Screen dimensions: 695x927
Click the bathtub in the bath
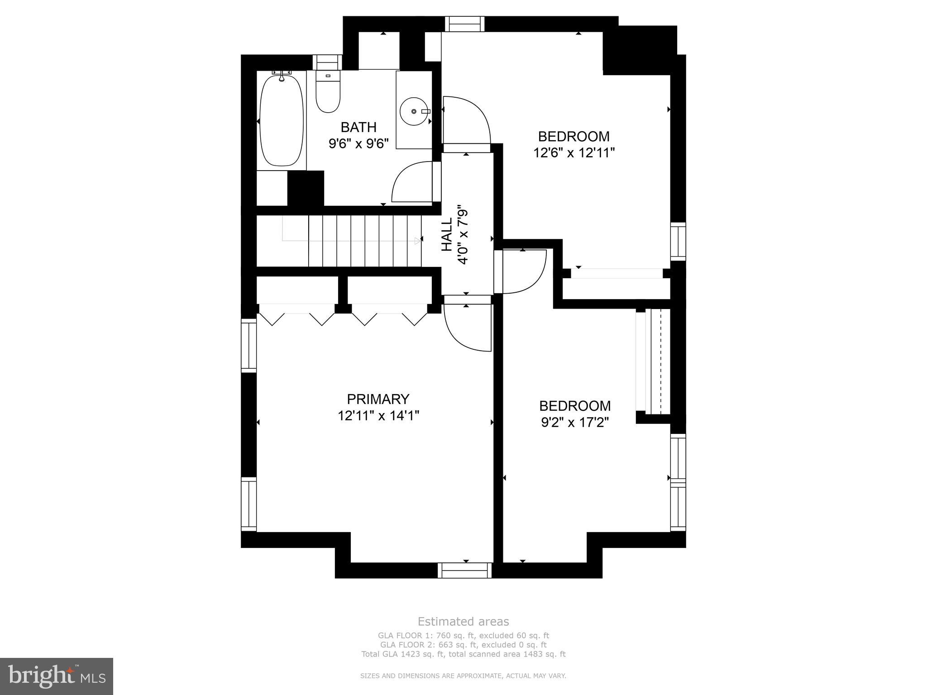pyautogui.click(x=281, y=120)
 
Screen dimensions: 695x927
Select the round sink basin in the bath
pyautogui.click(x=414, y=111)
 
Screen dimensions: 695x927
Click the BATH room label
pyautogui.click(x=358, y=127)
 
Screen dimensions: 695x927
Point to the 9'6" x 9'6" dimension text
pyautogui.click(x=358, y=143)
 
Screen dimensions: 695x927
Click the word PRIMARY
pyautogui.click(x=378, y=399)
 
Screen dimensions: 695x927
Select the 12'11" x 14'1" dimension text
pyautogui.click(x=378, y=415)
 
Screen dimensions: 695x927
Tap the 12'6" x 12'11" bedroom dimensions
pyautogui.click(x=573, y=152)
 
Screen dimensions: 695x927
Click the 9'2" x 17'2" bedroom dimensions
pyautogui.click(x=574, y=422)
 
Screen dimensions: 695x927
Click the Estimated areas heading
pyautogui.click(x=463, y=621)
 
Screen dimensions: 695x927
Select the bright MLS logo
pyautogui.click(x=57, y=676)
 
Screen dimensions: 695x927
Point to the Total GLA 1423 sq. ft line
pyautogui.click(x=463, y=654)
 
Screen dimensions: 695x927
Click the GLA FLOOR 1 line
pyautogui.click(x=463, y=636)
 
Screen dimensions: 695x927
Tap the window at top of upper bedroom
pyautogui.click(x=464, y=24)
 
